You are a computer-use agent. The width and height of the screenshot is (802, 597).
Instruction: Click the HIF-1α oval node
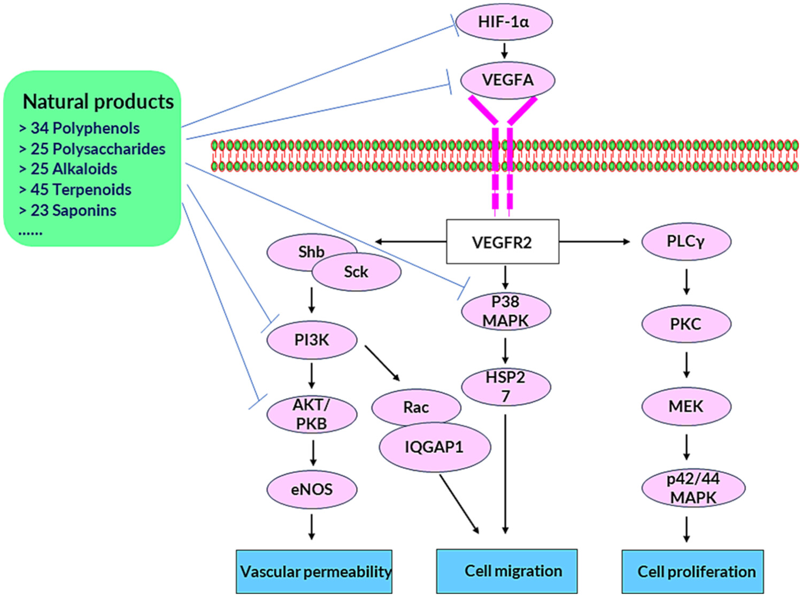click(504, 22)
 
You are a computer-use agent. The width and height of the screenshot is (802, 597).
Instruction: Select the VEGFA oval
click(507, 80)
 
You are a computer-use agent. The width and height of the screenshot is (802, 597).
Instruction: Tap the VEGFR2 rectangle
click(502, 242)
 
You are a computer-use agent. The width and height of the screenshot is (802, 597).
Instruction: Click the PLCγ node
click(686, 242)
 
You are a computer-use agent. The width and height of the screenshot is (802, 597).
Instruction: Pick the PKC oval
click(686, 324)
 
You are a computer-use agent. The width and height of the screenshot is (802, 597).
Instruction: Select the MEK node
click(686, 406)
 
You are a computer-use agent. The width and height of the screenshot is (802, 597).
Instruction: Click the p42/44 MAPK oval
click(693, 487)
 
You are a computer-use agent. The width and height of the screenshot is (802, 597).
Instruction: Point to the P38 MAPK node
click(505, 312)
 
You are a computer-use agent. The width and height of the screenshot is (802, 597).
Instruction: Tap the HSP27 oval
click(505, 386)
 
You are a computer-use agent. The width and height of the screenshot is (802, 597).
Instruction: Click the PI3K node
click(312, 340)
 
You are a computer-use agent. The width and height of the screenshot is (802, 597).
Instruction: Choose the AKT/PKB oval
click(312, 414)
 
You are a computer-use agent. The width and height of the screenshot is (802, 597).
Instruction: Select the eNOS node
click(312, 489)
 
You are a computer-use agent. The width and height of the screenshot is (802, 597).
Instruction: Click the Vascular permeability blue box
click(314, 571)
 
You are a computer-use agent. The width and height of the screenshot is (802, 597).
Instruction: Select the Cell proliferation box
click(693, 571)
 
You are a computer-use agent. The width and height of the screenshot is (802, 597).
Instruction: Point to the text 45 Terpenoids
click(80, 190)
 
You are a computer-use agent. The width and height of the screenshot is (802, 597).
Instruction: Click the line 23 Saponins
click(73, 211)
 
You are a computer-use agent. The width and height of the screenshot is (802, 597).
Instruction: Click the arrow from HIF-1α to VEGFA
click(504, 51)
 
